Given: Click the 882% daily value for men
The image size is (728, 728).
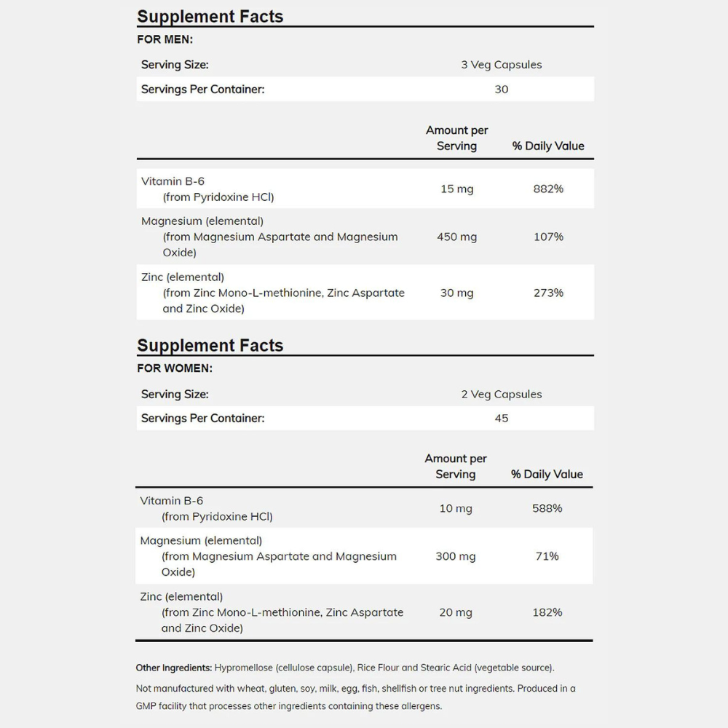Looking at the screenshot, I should coord(548,189).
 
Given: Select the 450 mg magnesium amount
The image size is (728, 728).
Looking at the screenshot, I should coord(456,237).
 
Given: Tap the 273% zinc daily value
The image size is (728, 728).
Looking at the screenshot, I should coord(548,293).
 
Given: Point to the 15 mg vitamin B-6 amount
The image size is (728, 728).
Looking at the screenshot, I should coord(456,189).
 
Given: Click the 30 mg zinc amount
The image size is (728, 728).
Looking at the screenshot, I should coord(456,293).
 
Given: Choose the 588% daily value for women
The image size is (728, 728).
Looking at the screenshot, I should coord(547,508).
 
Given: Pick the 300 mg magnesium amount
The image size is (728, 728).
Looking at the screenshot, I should coord(456,556).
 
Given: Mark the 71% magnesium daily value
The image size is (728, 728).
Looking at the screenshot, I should coord(547,556).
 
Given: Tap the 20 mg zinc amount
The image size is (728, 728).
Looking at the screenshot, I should coord(456,612).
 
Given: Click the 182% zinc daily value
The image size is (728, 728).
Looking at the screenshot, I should coord(547,612).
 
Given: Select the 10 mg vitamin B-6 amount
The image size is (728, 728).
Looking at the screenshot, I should coord(456,508).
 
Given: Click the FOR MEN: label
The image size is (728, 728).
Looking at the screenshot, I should coord(165,40).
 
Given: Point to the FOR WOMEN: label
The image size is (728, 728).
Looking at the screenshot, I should coord(175,368).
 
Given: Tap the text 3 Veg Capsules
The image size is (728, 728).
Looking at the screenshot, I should coord(502,65).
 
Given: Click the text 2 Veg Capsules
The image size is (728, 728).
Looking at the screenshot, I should coord(502,395).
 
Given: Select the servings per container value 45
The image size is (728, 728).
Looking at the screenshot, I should coord(502,419).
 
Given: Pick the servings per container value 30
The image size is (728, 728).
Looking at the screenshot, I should coord(502,90).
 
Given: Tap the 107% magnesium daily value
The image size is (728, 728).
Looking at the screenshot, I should coord(548,237).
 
